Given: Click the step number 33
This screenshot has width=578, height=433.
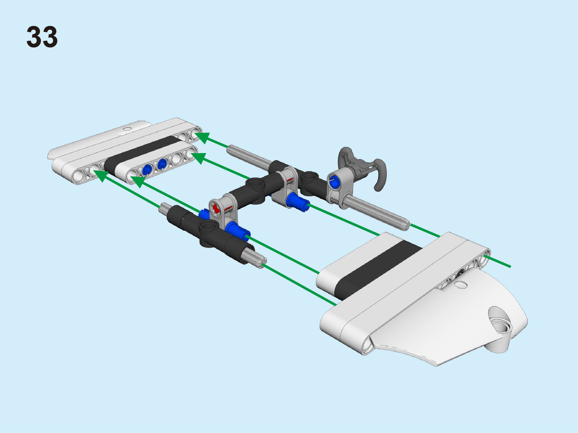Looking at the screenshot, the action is [x=42, y=37].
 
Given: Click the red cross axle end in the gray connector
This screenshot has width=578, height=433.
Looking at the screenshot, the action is [x=215, y=208].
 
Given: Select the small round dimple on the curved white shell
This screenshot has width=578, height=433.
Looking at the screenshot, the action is [x=461, y=285].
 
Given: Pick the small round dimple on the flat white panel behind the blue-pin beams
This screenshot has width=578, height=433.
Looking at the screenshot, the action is [x=127, y=129].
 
